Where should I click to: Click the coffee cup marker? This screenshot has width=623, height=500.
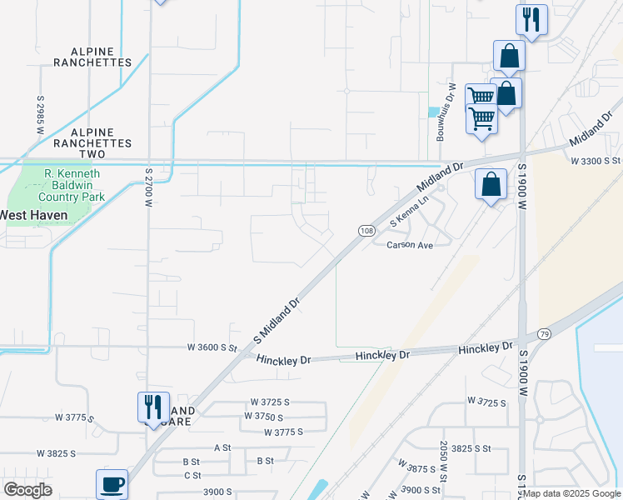(111, 483)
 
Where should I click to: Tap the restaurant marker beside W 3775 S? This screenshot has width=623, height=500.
(153, 407)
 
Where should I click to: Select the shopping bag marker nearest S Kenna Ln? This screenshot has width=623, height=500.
(491, 183)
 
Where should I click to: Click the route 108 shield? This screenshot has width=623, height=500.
(366, 230)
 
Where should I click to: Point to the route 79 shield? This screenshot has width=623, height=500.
(545, 332)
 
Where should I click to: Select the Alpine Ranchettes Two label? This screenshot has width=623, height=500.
(102, 137)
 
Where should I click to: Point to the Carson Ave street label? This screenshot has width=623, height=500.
(410, 246)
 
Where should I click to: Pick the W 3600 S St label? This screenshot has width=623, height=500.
(212, 347)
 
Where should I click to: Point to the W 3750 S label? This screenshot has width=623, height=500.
(267, 416)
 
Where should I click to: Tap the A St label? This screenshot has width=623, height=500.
(222, 447)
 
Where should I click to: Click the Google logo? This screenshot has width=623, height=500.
(28, 490)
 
